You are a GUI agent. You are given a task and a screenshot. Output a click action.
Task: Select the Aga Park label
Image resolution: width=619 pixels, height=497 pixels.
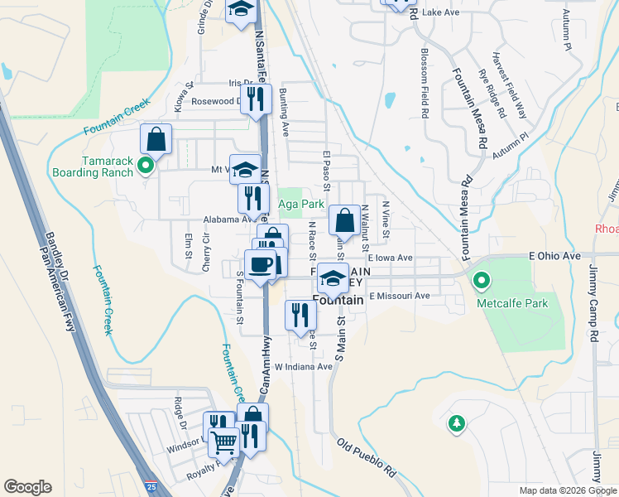tap(300, 204)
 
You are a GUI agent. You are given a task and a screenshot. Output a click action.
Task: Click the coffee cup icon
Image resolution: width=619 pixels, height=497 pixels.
tap(262, 264)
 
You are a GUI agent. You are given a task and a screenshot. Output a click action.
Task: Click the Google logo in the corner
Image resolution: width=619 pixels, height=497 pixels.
tap(27, 487)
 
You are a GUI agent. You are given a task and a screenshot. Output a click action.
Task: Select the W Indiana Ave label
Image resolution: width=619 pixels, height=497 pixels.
tap(303, 366)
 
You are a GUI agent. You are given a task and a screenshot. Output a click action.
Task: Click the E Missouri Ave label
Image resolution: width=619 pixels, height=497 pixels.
tap(400, 296)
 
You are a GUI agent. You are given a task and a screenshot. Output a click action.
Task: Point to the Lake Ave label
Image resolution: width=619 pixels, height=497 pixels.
tap(439, 13)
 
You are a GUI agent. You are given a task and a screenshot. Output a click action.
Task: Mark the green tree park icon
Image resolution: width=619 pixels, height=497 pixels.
tap(455, 424)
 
